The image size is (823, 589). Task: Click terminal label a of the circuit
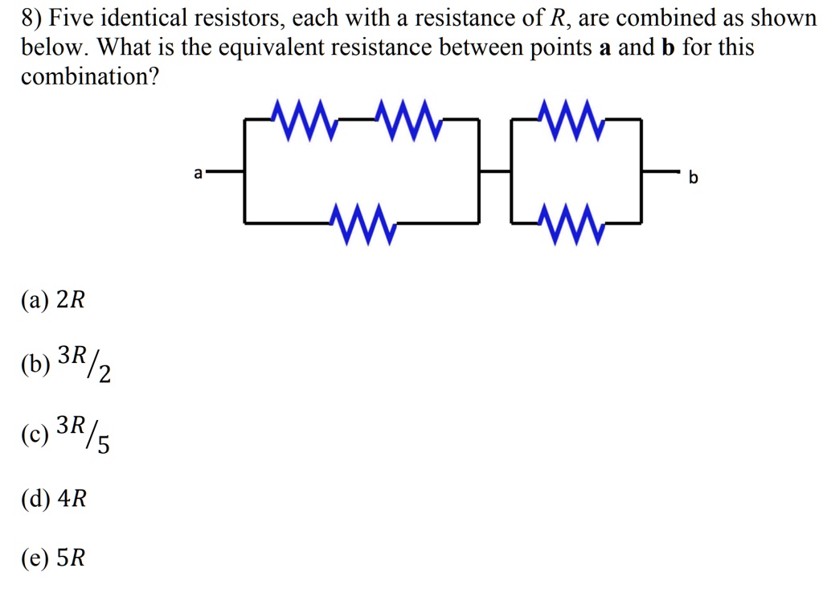(x=198, y=172)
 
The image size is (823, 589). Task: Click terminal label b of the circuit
(x=694, y=177)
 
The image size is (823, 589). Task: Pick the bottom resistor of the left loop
(x=362, y=223)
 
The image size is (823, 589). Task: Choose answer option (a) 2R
(x=53, y=300)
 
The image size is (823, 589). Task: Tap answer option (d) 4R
(x=54, y=500)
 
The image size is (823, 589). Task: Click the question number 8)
(x=32, y=18)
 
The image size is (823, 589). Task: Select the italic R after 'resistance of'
(x=555, y=18)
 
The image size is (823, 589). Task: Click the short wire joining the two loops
(x=495, y=171)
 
